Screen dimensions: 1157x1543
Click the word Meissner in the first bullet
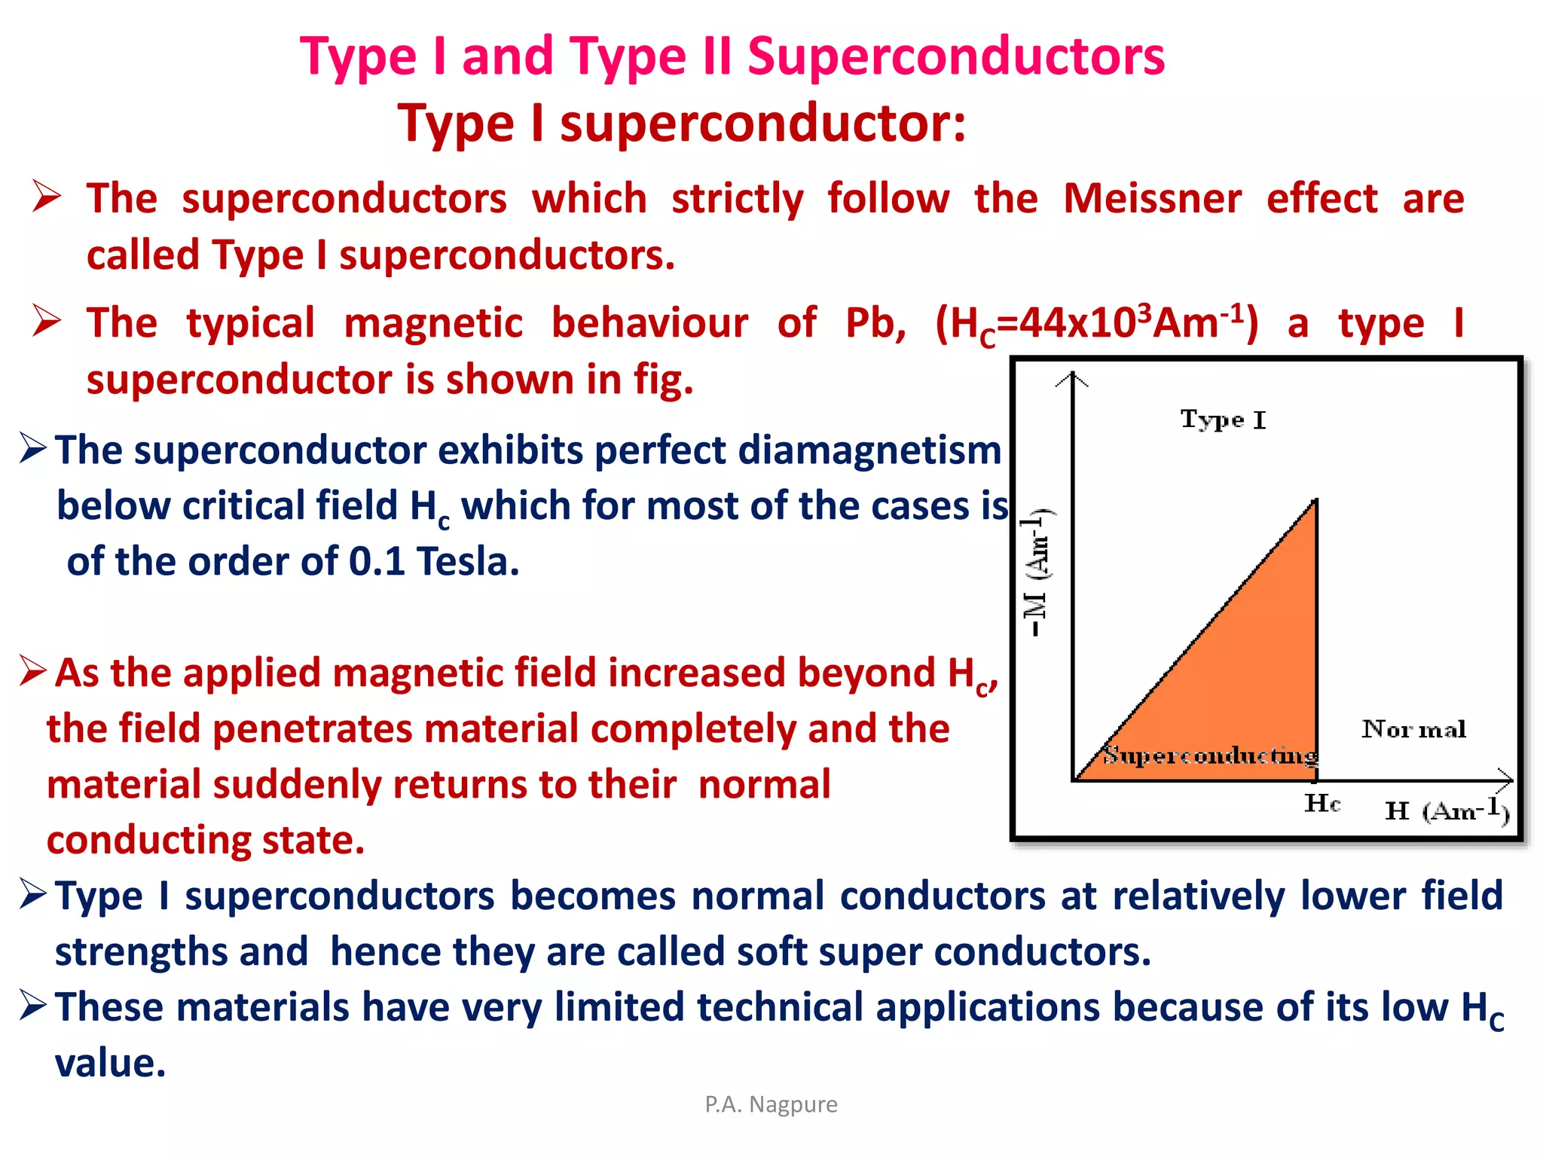coord(1152,199)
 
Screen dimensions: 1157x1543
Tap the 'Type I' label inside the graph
coord(1223,420)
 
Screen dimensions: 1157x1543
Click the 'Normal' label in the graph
coord(1413,729)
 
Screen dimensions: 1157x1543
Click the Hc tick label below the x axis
coord(1322,804)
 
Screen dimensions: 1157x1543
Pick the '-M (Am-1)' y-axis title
coord(1037,572)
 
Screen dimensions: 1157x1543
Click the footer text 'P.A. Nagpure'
coord(771,1104)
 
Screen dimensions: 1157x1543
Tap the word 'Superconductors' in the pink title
coord(955,56)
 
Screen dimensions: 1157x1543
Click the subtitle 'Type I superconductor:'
coord(682,123)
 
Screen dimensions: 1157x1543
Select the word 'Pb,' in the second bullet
coord(875,324)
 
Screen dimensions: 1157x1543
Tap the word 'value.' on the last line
coord(110,1064)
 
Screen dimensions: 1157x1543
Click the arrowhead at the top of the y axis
coord(1072,378)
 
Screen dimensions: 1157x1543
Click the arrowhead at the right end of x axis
coord(1505,780)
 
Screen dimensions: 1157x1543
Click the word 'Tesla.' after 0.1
coord(468,562)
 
